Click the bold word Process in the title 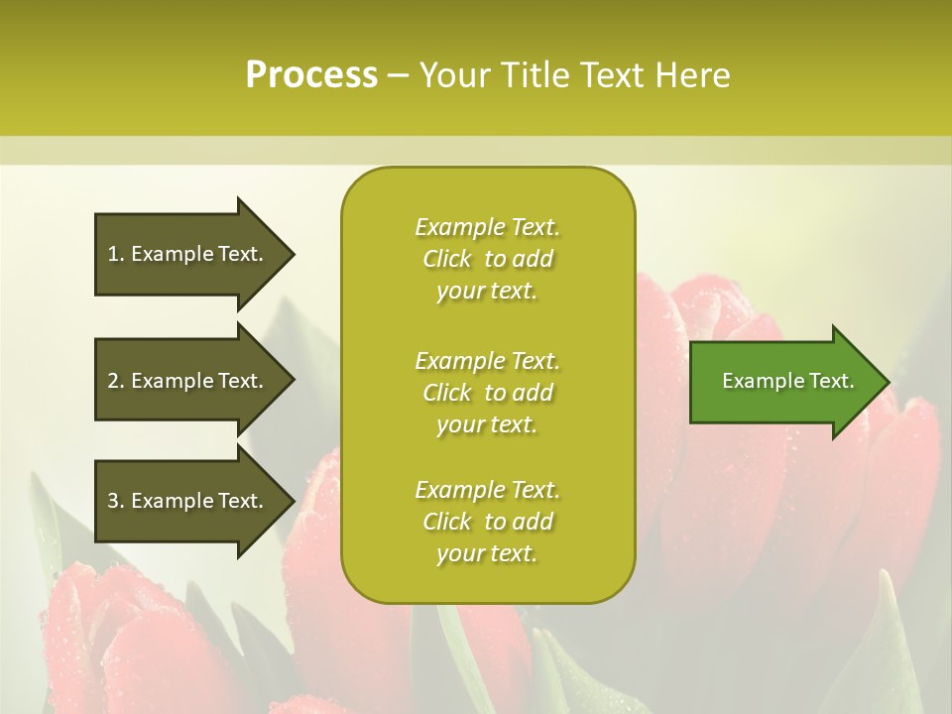(311, 75)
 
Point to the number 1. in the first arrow (116, 254)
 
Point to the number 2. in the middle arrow (116, 381)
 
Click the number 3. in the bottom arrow (116, 501)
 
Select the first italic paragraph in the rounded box (487, 259)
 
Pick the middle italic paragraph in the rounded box (487, 393)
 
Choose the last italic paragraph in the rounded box (487, 522)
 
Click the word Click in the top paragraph (447, 259)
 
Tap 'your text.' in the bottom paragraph (487, 553)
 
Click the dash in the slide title (399, 75)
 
